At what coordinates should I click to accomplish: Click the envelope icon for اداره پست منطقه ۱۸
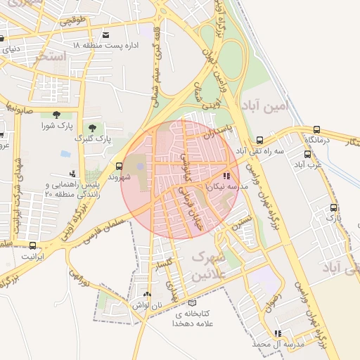pos(105,34)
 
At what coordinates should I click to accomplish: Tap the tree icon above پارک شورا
pos(56,115)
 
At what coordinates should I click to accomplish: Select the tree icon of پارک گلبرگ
pos(89,126)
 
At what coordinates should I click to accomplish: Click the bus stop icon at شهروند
pos(118,167)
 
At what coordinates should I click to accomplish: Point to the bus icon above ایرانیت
pos(32,245)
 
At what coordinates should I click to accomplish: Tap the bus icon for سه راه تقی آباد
pos(260,140)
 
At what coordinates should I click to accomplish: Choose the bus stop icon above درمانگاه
pos(317,129)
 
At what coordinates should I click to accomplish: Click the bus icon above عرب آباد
pos(307,154)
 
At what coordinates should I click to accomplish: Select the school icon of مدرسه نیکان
pos(226,176)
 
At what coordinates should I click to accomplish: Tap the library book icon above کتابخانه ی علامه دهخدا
pos(192,302)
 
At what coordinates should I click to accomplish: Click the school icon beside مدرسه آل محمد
pos(277,333)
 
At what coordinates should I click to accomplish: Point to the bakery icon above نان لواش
pos(146,295)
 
